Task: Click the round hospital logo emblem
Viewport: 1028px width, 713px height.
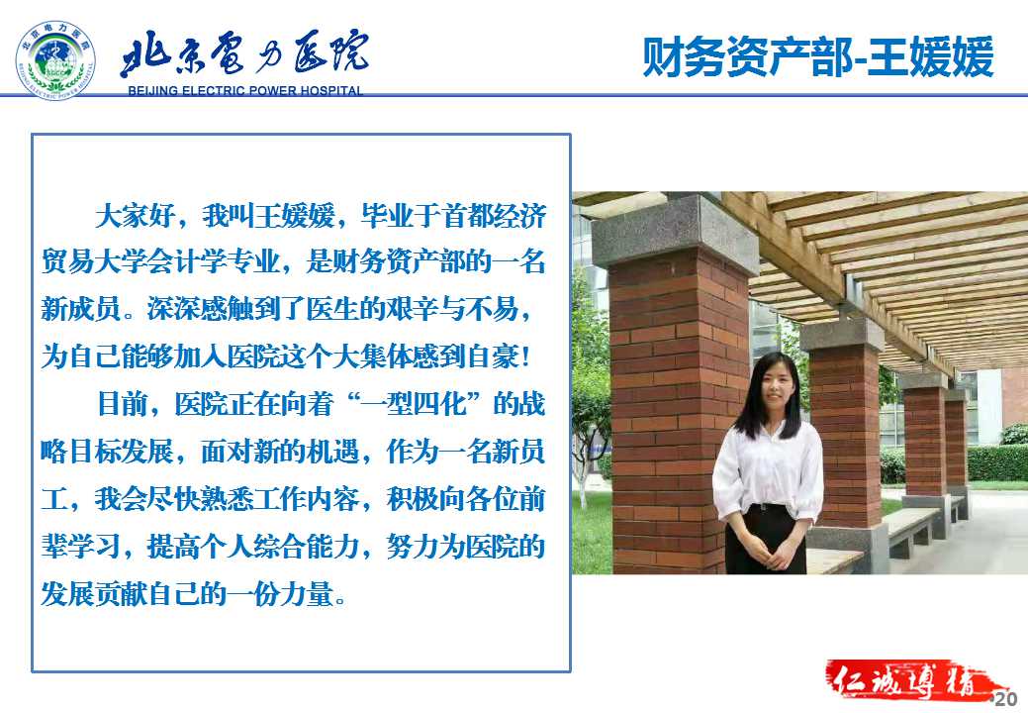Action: [x=55, y=59]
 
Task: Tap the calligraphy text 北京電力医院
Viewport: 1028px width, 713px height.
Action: [x=243, y=52]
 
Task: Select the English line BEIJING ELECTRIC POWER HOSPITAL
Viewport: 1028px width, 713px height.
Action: [x=245, y=90]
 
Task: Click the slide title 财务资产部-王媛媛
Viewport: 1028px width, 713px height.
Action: [x=817, y=57]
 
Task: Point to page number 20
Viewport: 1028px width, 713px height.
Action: [x=1005, y=698]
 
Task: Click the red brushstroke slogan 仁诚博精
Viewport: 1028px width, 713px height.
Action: [x=911, y=682]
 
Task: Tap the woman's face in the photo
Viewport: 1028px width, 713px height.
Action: [x=775, y=386]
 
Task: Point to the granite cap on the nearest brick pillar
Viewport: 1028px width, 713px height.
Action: [x=676, y=234]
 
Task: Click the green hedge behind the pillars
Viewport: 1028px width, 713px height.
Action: [x=997, y=463]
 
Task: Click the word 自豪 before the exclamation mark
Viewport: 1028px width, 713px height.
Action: [x=493, y=356]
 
